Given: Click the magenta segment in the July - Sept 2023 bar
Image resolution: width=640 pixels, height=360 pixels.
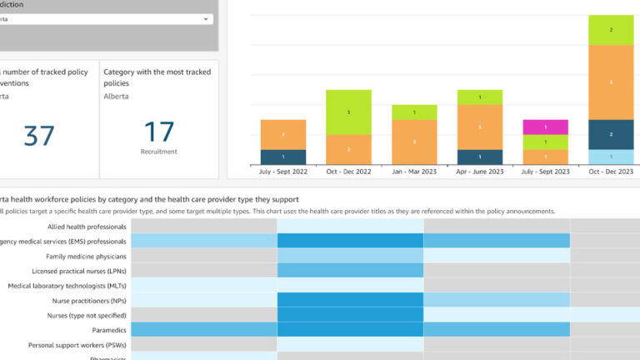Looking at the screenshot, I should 545,127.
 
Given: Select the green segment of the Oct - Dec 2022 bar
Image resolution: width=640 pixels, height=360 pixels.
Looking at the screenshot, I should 348,112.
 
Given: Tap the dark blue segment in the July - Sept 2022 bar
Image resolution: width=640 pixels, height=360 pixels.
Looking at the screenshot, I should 283,157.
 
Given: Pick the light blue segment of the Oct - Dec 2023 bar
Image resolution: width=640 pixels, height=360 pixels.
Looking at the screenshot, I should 611,157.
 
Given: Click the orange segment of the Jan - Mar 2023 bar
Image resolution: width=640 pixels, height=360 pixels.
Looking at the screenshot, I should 414,142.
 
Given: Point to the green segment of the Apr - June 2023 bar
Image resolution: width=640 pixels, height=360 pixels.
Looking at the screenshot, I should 480,97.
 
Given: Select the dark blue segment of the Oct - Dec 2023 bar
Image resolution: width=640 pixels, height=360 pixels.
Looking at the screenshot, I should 611,134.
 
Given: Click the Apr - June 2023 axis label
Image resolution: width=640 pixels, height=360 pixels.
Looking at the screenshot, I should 480,172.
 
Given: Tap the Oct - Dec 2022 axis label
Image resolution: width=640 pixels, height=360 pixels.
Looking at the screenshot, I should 348,172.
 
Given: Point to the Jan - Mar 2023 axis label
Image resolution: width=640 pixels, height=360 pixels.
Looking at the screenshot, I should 414,172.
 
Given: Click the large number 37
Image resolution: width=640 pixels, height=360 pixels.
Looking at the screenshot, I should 39,134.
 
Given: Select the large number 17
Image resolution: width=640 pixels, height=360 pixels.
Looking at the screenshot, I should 158,132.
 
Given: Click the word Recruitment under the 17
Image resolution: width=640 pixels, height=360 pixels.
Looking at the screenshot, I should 158,152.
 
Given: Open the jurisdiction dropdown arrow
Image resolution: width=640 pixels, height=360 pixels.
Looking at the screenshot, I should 206,18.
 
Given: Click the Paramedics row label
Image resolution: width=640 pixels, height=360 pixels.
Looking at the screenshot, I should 104,329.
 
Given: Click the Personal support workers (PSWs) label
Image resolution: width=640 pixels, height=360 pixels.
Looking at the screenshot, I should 77,344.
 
